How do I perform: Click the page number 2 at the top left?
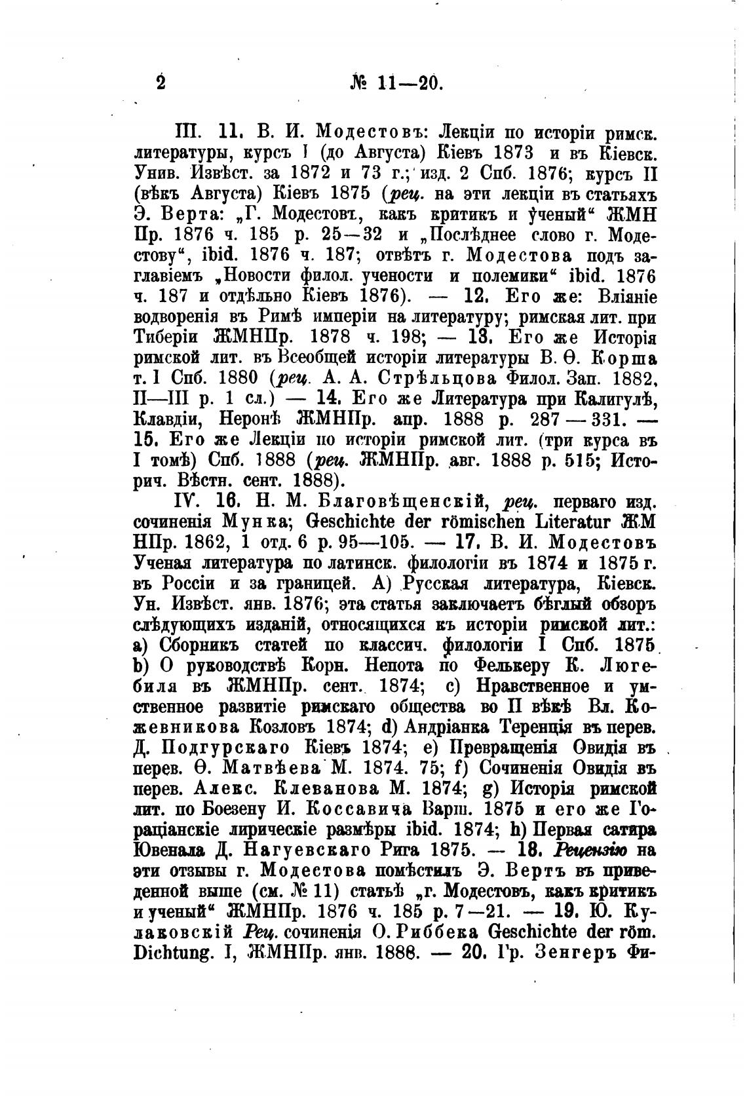[x=161, y=83]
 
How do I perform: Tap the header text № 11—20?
[x=396, y=84]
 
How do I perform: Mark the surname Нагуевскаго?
[x=285, y=850]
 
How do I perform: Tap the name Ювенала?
[x=170, y=850]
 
